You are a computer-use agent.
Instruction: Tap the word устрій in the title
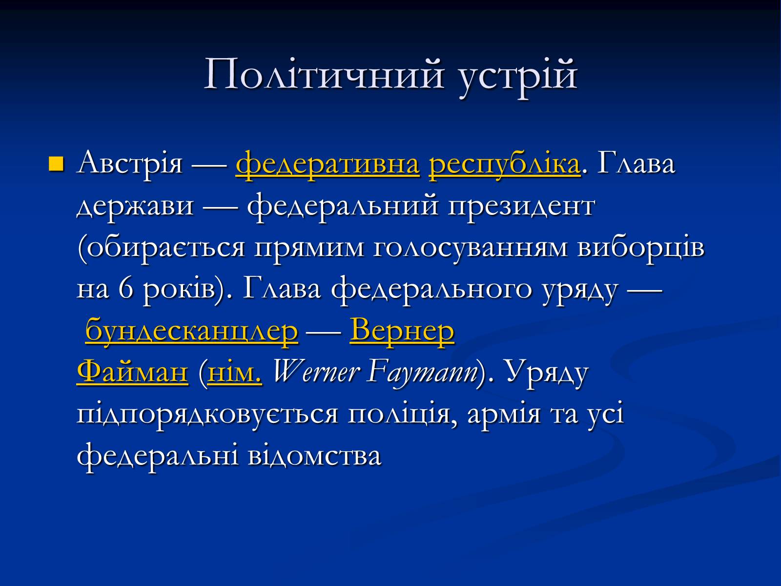click(x=518, y=77)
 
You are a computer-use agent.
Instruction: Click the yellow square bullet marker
click(x=56, y=164)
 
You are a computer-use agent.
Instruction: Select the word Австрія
click(x=129, y=164)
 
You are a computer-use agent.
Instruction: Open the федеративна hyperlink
click(x=328, y=165)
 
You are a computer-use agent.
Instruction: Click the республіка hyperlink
click(x=505, y=165)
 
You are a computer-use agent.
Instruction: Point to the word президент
click(x=521, y=207)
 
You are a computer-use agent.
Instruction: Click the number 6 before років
click(x=126, y=289)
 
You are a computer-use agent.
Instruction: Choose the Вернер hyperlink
click(x=402, y=331)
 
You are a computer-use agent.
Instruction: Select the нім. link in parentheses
click(x=235, y=373)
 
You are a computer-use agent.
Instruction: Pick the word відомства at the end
click(x=314, y=456)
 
